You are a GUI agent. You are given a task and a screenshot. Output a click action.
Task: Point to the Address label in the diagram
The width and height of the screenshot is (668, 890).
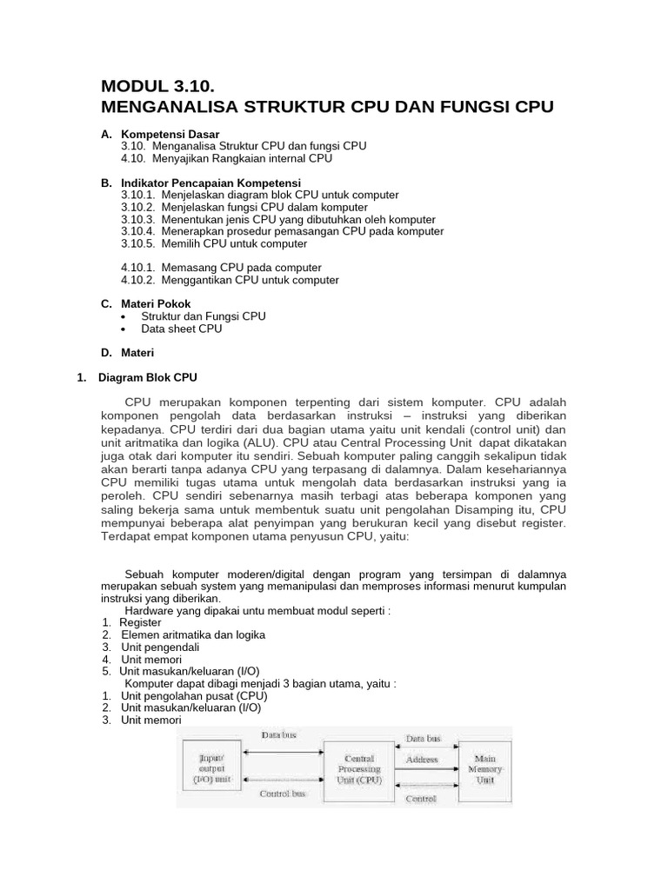422,759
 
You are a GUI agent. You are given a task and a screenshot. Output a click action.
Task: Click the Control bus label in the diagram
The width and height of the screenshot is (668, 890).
283,794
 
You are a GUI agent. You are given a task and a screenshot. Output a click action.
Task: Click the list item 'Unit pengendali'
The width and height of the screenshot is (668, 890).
160,647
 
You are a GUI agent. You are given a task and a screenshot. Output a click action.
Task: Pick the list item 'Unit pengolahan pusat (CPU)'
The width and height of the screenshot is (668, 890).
194,695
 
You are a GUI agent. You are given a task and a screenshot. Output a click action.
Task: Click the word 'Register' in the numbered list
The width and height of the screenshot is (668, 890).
140,622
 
